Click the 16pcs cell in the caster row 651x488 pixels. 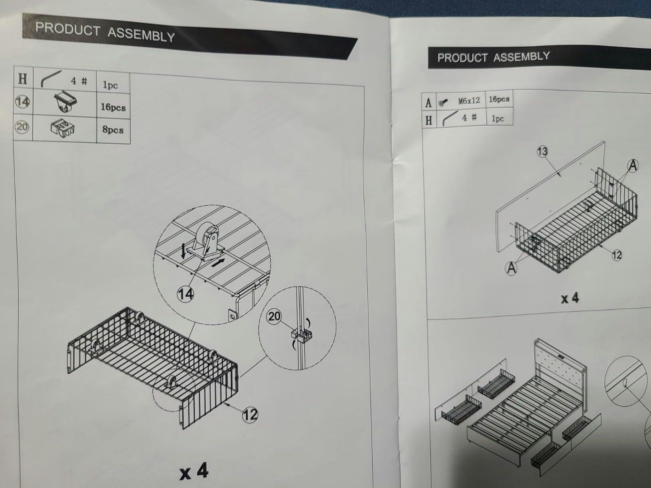tap(113, 106)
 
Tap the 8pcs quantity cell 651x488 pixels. tap(113, 130)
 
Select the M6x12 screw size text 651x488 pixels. tap(469, 101)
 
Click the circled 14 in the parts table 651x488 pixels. tap(23, 102)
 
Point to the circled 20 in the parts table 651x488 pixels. tap(22, 127)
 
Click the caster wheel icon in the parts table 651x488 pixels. tap(66, 102)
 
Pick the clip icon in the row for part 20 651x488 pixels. tap(63, 128)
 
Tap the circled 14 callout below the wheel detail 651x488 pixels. tap(185, 295)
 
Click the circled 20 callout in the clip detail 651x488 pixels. tap(274, 317)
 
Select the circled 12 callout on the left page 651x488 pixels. tap(250, 415)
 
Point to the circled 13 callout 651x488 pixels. tap(542, 152)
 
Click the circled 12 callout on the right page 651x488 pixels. tap(617, 255)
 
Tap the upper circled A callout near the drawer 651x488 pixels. tap(633, 166)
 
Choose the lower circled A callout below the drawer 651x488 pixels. tap(511, 268)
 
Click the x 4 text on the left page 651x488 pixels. tap(194, 471)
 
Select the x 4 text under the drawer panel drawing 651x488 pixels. tap(570, 298)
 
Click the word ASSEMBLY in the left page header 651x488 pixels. tap(141, 35)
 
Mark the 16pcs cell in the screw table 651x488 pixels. tap(499, 99)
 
